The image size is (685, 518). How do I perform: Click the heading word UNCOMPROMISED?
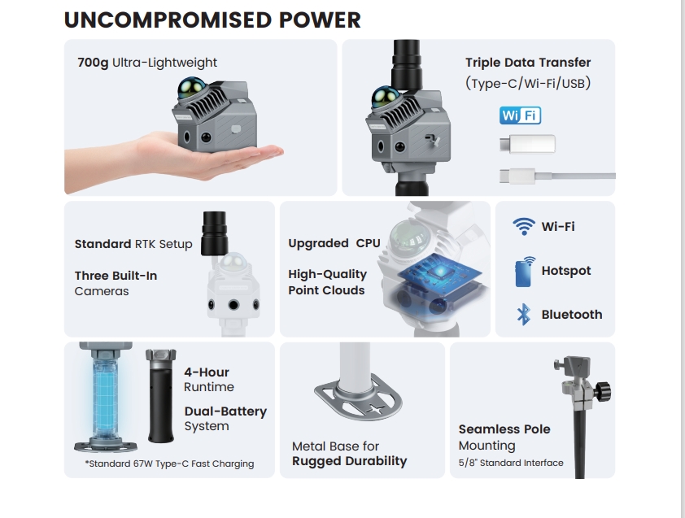(x=168, y=20)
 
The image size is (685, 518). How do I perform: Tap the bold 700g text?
(x=93, y=63)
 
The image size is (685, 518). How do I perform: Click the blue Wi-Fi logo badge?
(x=521, y=115)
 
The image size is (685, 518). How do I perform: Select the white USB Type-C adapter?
(x=527, y=144)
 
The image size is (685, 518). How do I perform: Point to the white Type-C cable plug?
(x=517, y=176)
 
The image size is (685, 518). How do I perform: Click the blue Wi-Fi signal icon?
(x=523, y=226)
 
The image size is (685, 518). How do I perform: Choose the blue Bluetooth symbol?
(x=523, y=315)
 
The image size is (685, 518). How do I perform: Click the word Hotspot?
(x=565, y=271)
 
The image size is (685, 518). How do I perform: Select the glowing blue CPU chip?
(x=439, y=273)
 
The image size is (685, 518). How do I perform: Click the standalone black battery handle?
(x=161, y=395)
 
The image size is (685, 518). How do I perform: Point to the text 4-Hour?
(x=206, y=372)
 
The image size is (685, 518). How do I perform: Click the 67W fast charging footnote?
(x=169, y=464)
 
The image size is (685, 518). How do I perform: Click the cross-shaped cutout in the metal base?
(x=375, y=409)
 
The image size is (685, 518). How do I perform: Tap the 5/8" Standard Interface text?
(x=511, y=463)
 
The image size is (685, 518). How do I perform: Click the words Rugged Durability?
(x=350, y=461)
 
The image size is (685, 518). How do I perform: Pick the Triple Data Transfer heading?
(x=528, y=63)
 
